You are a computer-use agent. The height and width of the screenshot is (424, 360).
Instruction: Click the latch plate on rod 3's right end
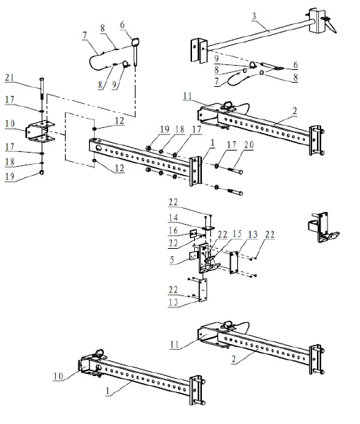tap(317, 20)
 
